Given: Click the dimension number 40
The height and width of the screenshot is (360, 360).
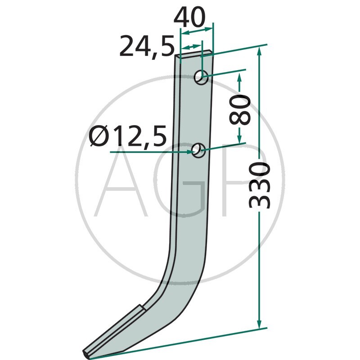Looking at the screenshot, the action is click(189, 17).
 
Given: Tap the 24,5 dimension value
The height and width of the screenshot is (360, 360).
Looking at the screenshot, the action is click(147, 47).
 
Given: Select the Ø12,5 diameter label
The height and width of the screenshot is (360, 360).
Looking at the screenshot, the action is click(128, 136).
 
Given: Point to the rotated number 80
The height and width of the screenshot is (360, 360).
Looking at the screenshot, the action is click(240, 110).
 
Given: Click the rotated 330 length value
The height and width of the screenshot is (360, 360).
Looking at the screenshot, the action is click(260, 185).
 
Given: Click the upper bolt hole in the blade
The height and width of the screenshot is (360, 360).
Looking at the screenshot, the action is click(201, 77).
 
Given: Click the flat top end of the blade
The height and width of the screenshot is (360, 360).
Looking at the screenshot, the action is click(194, 53).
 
